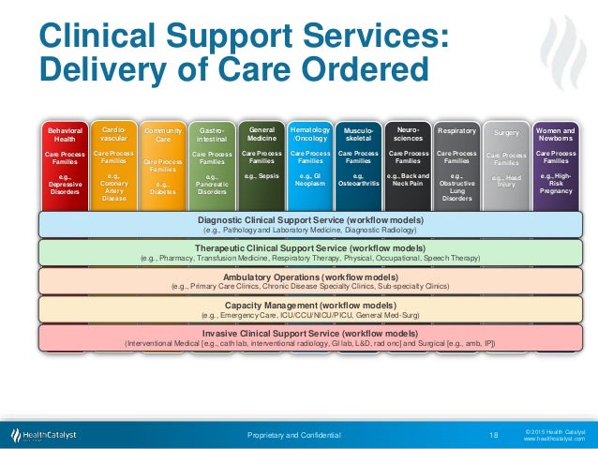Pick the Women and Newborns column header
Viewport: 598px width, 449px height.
[556, 136]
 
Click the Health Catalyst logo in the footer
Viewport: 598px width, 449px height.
[48, 435]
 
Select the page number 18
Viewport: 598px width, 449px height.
[493, 435]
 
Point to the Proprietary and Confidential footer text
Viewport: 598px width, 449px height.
[294, 435]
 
